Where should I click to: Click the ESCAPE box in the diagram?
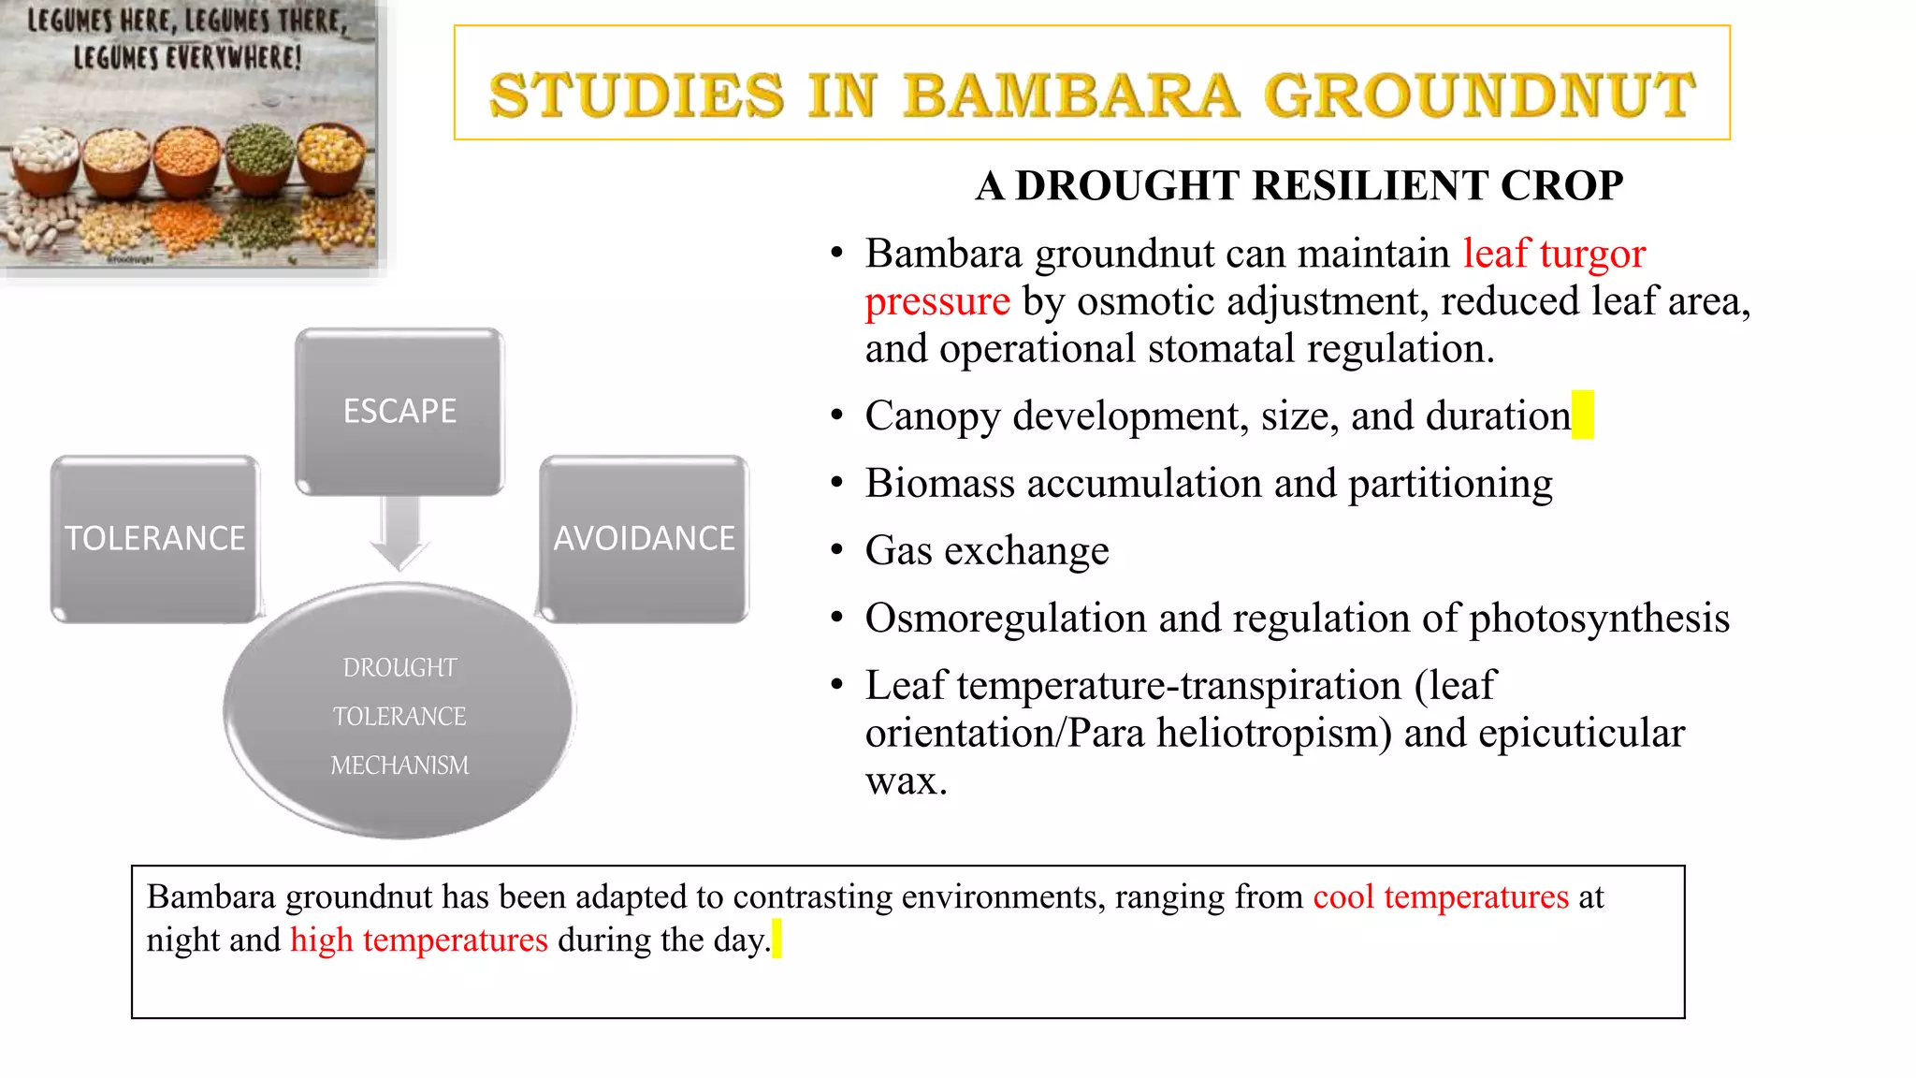pos(399,412)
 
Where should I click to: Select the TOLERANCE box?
pos(154,539)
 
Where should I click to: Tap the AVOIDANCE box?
pos(644,539)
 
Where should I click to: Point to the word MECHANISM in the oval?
pos(399,765)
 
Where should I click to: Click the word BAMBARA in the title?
pos(1071,95)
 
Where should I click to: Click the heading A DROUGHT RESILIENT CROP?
pos(1299,185)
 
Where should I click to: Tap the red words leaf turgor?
pos(1554,254)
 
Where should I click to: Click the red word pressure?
pos(936,301)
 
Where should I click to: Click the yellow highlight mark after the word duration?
pos(1583,415)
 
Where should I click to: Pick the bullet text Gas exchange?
pos(986,550)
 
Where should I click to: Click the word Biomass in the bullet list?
pos(939,483)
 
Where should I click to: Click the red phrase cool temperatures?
pos(1440,896)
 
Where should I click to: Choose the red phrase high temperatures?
pos(418,940)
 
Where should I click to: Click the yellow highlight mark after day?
pos(777,940)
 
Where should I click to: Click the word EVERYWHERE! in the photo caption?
pos(233,58)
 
